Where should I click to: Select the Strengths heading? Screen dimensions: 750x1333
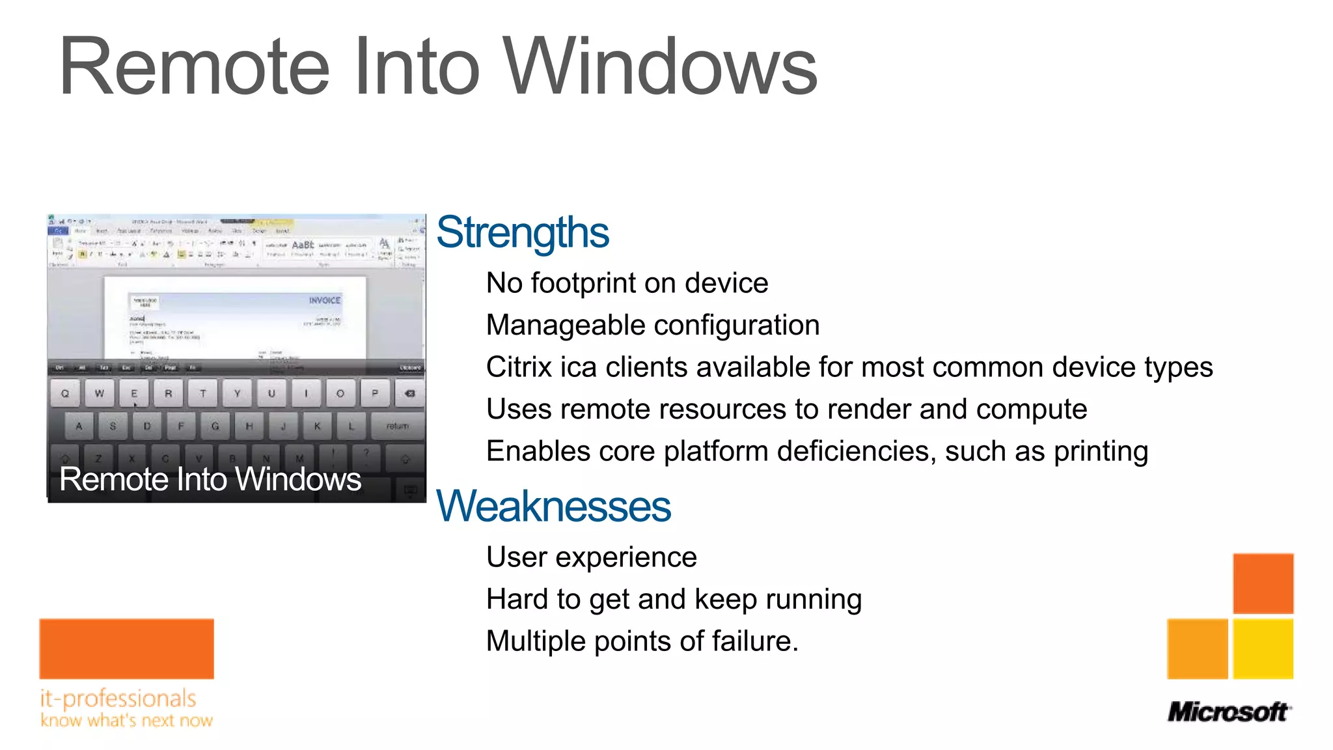(523, 232)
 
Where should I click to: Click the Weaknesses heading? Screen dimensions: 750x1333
(553, 507)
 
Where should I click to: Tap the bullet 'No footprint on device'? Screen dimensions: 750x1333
(627, 283)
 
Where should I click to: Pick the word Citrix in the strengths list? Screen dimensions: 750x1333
(519, 367)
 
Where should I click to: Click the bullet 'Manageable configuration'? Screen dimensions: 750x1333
(652, 325)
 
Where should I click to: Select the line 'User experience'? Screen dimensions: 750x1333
(591, 557)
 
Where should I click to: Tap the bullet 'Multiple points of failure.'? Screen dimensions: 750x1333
(642, 641)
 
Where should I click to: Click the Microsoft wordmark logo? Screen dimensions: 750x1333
(1228, 712)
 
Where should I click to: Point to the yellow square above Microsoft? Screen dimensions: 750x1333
(1263, 649)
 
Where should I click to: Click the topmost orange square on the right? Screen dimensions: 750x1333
(1263, 583)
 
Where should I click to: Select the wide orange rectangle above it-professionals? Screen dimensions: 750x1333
(126, 648)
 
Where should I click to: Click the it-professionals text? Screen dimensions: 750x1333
(118, 699)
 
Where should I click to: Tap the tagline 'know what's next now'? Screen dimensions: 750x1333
(126, 721)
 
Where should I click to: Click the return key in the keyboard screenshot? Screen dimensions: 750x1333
(397, 426)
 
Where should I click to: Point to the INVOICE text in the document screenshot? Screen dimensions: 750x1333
(324, 300)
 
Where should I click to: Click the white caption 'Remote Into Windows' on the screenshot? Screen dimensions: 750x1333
(210, 480)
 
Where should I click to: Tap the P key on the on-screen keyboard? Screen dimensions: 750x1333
(374, 393)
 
